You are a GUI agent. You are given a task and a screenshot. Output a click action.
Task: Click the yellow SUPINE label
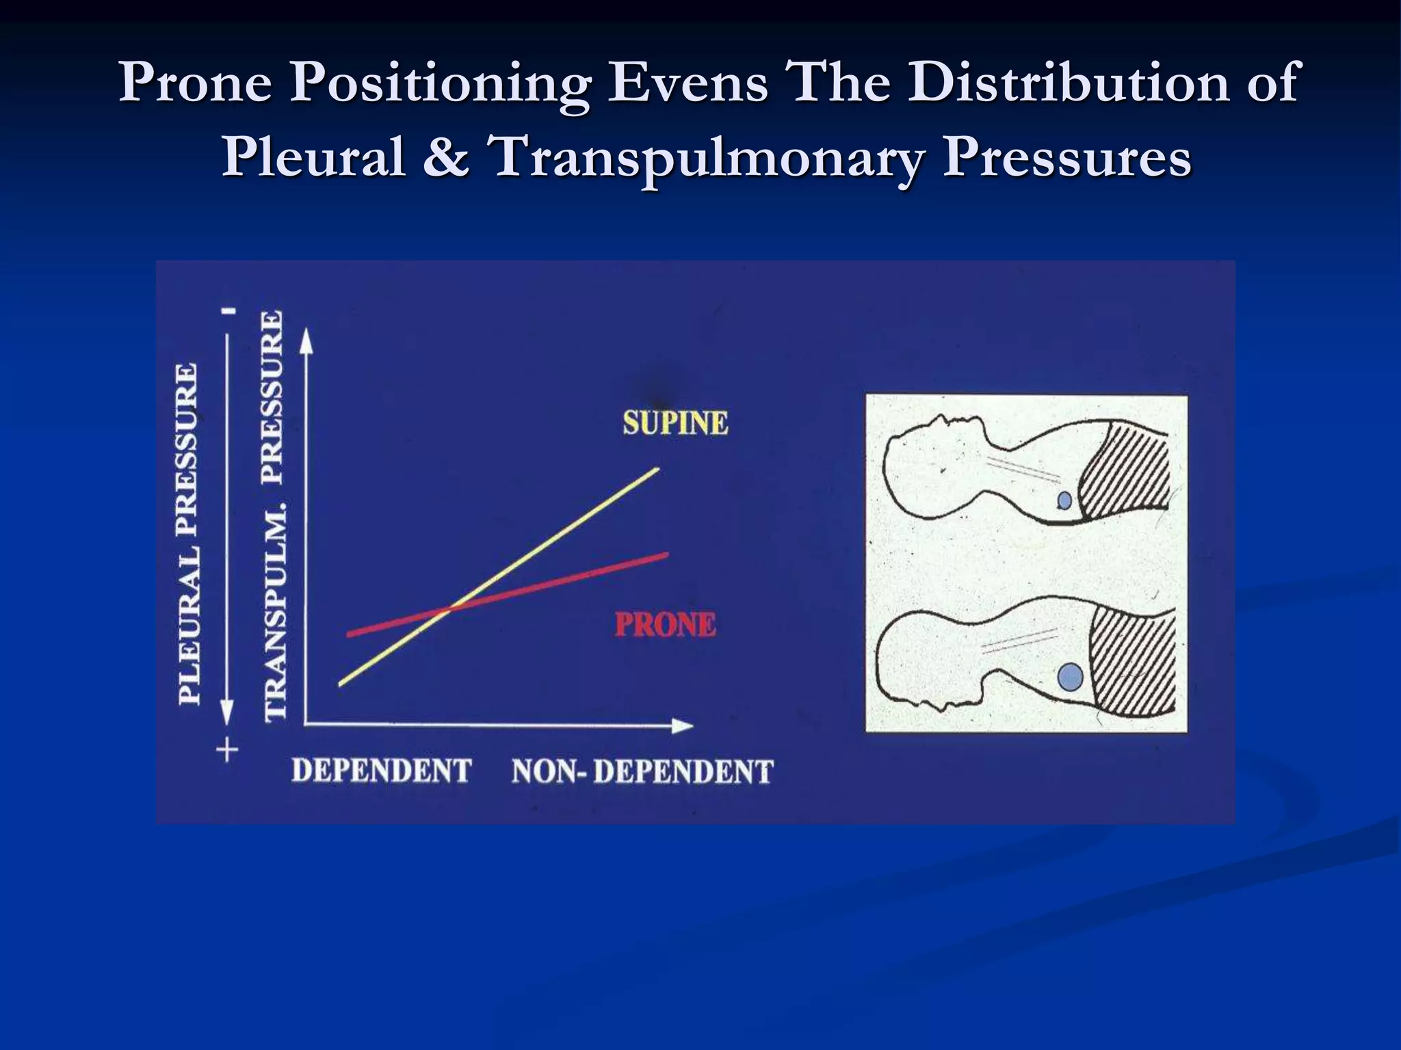(x=675, y=422)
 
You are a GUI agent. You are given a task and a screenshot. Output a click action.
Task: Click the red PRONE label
(x=665, y=625)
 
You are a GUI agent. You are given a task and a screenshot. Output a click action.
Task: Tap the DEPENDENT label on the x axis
(x=382, y=770)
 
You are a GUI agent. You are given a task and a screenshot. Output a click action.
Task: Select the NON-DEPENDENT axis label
(x=642, y=772)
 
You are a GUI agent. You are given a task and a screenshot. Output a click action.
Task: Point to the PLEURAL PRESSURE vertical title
(x=189, y=533)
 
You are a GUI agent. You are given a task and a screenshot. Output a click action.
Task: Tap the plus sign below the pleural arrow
(x=227, y=751)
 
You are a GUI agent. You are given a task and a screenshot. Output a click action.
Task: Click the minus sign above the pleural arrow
(x=229, y=311)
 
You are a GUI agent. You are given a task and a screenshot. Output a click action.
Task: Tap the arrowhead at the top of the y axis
(x=307, y=340)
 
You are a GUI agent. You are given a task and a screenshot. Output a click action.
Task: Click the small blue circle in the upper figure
(x=1064, y=501)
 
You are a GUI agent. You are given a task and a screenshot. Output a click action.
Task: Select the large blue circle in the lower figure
(x=1070, y=677)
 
